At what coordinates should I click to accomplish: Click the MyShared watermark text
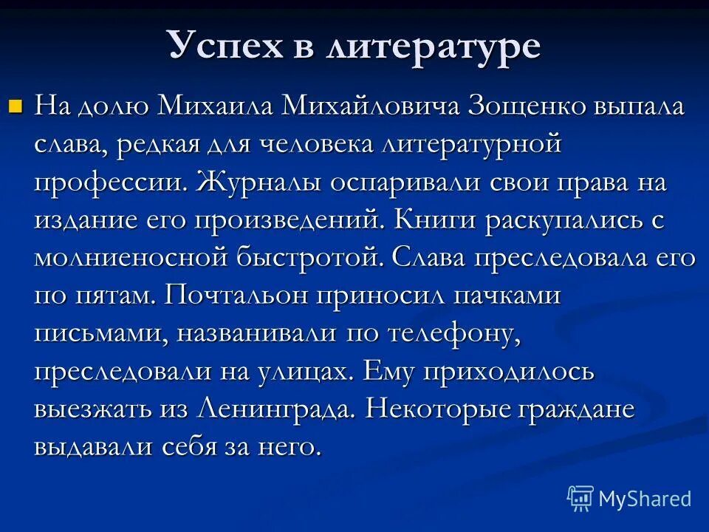(x=644, y=499)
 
